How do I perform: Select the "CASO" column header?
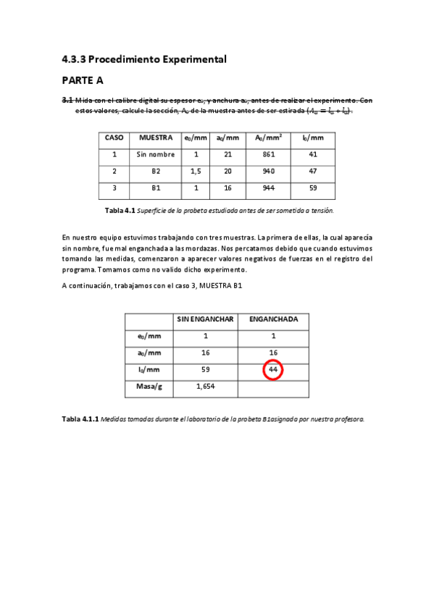click(114, 138)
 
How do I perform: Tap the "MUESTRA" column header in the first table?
click(155, 138)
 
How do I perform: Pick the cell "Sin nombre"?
click(155, 154)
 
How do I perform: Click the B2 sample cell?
click(155, 172)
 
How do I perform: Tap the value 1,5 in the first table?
click(196, 172)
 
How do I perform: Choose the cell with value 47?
click(313, 172)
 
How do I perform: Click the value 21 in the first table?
click(228, 154)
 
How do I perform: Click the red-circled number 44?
click(273, 370)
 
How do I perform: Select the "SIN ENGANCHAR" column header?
click(205, 319)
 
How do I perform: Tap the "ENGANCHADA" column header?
click(273, 319)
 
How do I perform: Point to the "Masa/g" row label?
click(150, 387)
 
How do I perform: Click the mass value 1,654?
click(205, 387)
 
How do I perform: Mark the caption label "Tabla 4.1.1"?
click(80, 419)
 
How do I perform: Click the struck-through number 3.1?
click(67, 100)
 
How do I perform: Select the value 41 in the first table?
click(313, 154)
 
